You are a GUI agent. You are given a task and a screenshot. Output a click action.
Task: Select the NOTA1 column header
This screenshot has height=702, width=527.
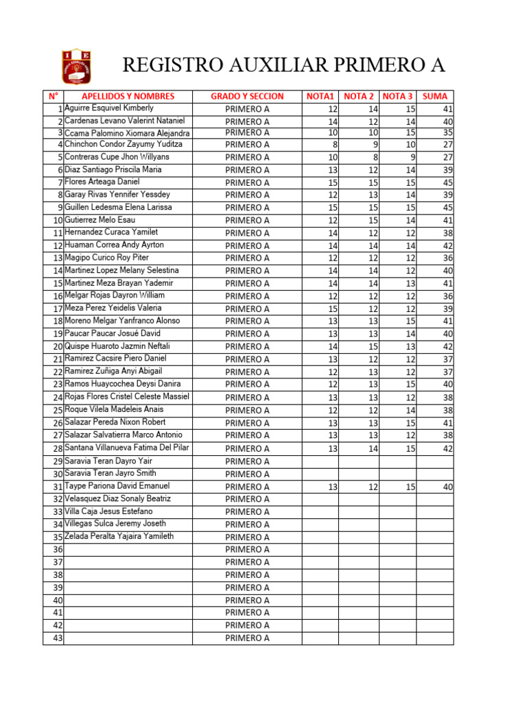(x=320, y=97)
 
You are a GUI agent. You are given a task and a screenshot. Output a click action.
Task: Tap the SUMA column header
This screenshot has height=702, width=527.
(x=435, y=97)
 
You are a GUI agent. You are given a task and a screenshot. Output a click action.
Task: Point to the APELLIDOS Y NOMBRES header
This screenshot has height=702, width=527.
(x=128, y=97)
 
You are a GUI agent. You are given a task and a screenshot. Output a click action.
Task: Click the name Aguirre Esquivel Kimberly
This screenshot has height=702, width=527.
(x=109, y=108)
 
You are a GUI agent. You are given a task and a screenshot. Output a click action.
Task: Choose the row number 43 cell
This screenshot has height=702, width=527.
(x=54, y=638)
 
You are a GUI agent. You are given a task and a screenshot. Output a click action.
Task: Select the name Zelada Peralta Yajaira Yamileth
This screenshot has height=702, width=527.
(x=119, y=536)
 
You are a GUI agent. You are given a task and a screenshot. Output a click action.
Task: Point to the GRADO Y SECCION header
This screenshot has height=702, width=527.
(x=247, y=97)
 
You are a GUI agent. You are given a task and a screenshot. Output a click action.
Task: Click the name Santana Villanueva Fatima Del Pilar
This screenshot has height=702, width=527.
(x=126, y=448)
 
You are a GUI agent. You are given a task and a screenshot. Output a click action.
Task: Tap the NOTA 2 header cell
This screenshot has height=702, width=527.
(x=358, y=97)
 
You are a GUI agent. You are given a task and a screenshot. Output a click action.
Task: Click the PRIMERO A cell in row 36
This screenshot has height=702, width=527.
(x=247, y=550)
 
